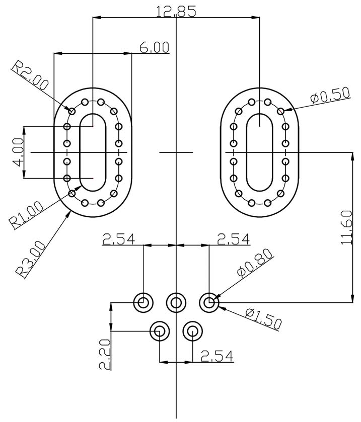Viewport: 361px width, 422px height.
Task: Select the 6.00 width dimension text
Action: click(x=154, y=47)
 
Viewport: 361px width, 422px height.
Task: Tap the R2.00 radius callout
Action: click(x=30, y=76)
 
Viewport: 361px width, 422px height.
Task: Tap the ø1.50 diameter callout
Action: click(x=263, y=318)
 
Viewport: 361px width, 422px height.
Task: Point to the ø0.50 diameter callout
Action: click(x=330, y=96)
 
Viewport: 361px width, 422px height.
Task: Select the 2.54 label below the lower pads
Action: click(x=217, y=356)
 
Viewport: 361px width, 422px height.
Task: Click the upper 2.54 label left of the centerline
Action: click(x=119, y=239)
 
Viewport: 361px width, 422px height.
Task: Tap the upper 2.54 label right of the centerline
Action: click(x=233, y=239)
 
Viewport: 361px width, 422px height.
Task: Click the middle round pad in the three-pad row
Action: click(x=176, y=302)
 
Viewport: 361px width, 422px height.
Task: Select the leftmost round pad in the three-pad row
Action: click(x=143, y=302)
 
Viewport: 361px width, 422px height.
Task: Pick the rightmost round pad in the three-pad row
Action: click(x=209, y=302)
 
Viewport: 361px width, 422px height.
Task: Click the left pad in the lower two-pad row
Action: click(x=160, y=331)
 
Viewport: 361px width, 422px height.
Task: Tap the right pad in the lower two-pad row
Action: click(x=192, y=331)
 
